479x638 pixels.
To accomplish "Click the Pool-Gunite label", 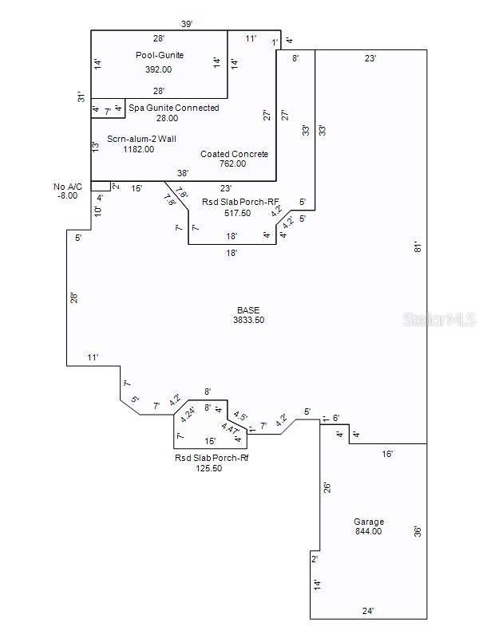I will click(x=159, y=55).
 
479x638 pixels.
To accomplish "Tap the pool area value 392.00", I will click(x=159, y=69).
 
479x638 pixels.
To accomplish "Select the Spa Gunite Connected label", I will click(x=173, y=108).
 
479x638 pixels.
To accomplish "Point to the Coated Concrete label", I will click(x=234, y=154).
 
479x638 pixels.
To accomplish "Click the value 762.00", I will click(x=234, y=164).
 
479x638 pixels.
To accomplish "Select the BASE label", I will click(x=248, y=310).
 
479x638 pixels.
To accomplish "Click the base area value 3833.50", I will click(x=248, y=320).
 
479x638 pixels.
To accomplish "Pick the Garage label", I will click(x=368, y=522).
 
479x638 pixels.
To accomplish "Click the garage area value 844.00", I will click(x=368, y=531).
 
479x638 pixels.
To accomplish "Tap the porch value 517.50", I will click(x=239, y=214).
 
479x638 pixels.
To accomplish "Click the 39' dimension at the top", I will click(x=187, y=25).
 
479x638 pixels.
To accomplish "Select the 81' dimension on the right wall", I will click(x=417, y=247).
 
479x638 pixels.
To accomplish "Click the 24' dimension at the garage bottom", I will click(x=367, y=612).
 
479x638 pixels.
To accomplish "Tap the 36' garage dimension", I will click(x=417, y=530).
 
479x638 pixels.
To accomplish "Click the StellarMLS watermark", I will click(x=440, y=320).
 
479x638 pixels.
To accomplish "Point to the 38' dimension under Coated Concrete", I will click(x=183, y=174).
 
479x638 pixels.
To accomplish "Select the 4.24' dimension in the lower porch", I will click(x=189, y=414).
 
